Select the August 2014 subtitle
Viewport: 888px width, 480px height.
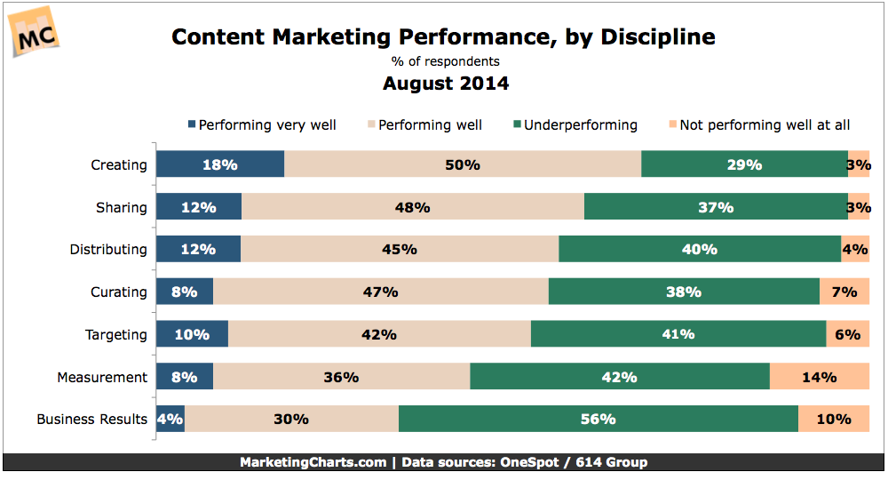pyautogui.click(x=446, y=84)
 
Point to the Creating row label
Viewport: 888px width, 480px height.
pyautogui.click(x=119, y=164)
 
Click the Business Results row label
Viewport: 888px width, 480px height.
pyautogui.click(x=91, y=419)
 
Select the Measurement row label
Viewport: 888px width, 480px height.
pyautogui.click(x=102, y=377)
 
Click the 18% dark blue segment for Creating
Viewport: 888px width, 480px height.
pyautogui.click(x=220, y=164)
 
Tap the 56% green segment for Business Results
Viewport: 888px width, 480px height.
pyautogui.click(x=598, y=419)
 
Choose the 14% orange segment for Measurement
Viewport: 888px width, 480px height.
pyautogui.click(x=819, y=377)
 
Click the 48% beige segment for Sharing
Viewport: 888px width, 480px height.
pyautogui.click(x=413, y=207)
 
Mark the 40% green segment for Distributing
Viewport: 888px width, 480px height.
pyautogui.click(x=699, y=250)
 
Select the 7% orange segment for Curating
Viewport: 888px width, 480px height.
pyautogui.click(x=844, y=292)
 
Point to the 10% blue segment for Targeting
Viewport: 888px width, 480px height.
pyautogui.click(x=192, y=334)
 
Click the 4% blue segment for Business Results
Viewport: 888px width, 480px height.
pyautogui.click(x=170, y=419)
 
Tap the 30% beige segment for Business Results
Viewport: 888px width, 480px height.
pyautogui.click(x=291, y=419)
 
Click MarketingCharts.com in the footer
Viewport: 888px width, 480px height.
pyautogui.click(x=313, y=462)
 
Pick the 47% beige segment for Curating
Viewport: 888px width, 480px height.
pyautogui.click(x=381, y=292)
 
